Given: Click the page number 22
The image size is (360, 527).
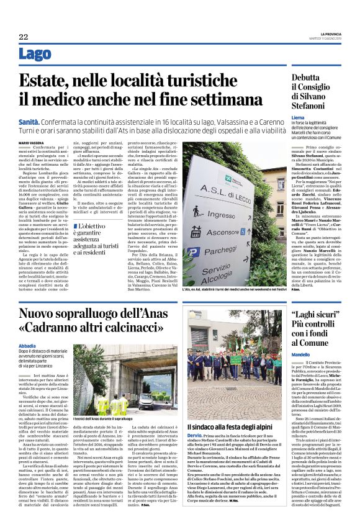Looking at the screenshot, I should click(x=22, y=37).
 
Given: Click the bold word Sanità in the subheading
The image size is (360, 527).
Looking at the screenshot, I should click(x=29, y=124).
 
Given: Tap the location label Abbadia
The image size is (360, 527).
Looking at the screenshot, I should click(x=27, y=346).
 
